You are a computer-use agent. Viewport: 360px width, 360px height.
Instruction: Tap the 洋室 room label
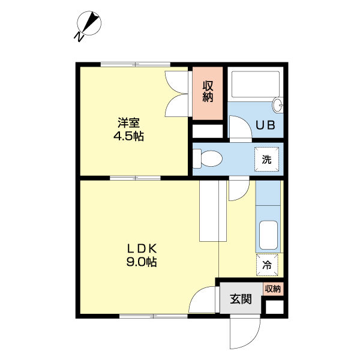click(128, 123)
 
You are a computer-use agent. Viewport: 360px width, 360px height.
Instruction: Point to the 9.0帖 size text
click(142, 262)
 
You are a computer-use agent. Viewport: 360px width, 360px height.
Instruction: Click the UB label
click(265, 126)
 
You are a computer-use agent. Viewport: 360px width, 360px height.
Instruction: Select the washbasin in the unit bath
click(277, 106)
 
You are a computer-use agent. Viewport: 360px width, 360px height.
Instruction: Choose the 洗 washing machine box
click(266, 160)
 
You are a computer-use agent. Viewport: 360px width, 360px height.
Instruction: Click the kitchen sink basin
click(268, 235)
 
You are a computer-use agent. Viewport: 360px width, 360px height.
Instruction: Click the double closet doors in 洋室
click(178, 94)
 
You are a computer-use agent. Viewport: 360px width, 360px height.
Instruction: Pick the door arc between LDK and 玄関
click(204, 300)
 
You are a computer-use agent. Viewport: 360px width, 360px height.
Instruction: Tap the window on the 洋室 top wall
click(135, 64)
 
